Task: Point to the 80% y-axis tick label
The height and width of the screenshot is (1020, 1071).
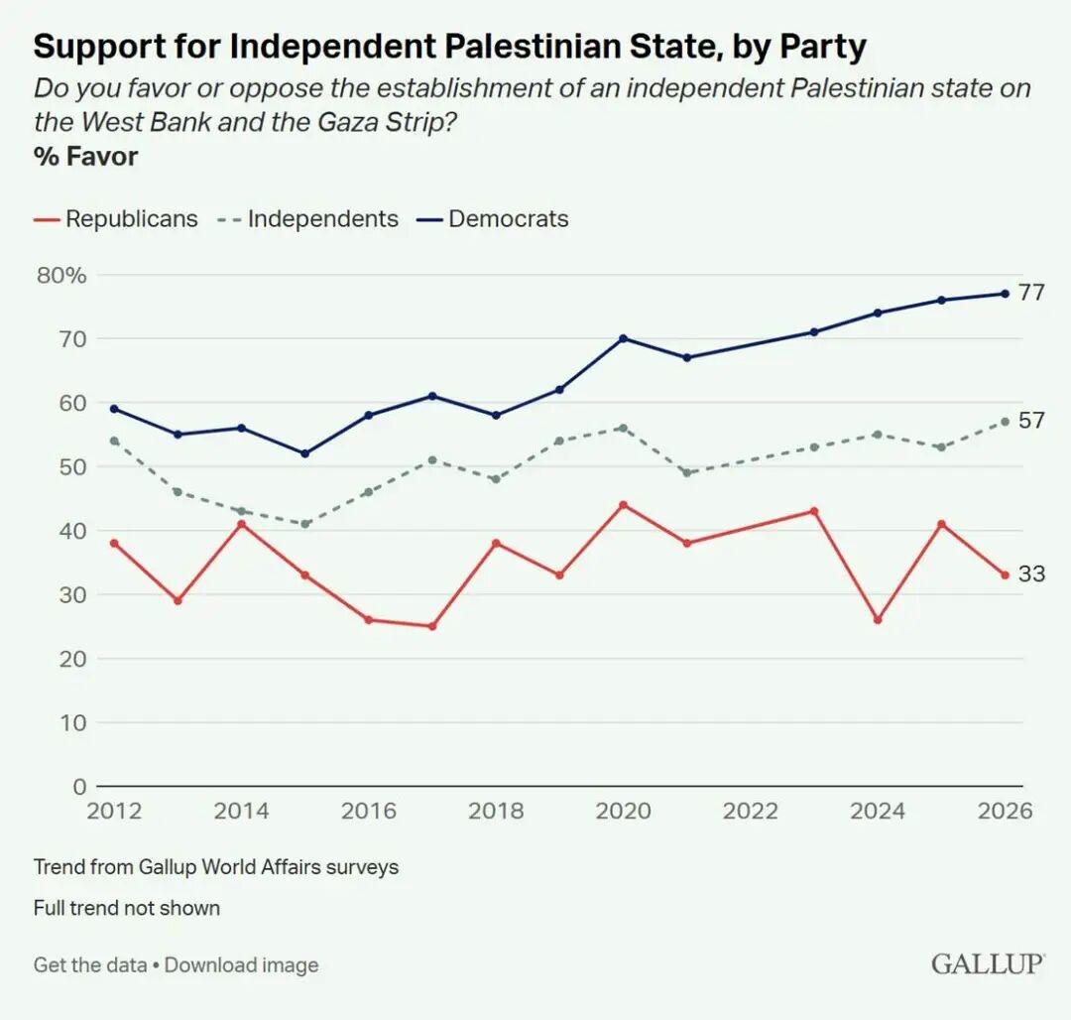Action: click(x=61, y=275)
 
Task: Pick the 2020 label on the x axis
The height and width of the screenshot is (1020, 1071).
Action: click(x=623, y=811)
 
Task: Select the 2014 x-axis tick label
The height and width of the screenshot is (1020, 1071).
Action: click(x=241, y=811)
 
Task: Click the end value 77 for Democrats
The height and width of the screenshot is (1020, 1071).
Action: click(x=1031, y=293)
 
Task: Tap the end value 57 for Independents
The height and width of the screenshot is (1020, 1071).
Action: click(x=1031, y=421)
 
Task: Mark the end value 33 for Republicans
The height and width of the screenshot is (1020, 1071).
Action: click(x=1031, y=574)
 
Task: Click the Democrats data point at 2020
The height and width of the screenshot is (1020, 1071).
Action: click(x=623, y=338)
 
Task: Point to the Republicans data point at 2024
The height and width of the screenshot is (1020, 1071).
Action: click(x=878, y=620)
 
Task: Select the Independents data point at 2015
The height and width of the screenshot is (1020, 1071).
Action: click(x=305, y=524)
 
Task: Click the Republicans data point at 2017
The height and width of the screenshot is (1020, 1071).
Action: click(x=432, y=626)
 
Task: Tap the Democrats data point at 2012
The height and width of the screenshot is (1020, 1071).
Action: click(x=114, y=409)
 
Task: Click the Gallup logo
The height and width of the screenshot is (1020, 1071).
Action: click(x=987, y=963)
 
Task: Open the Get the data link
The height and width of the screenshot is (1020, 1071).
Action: click(x=90, y=964)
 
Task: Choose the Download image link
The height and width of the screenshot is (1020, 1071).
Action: click(x=242, y=964)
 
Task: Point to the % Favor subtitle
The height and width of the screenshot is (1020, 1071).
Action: click(x=85, y=156)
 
